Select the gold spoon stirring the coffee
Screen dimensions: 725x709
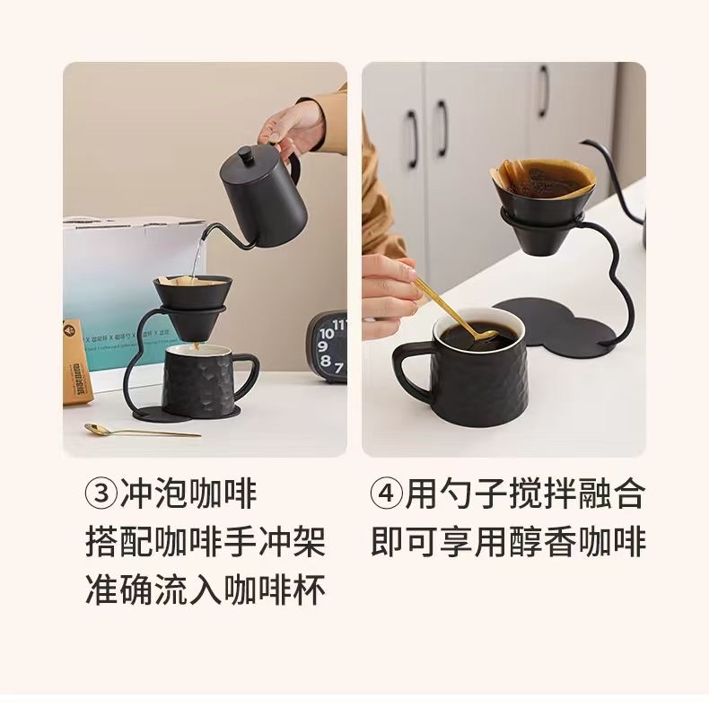point(449,310)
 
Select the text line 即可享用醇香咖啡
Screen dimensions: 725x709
point(508,543)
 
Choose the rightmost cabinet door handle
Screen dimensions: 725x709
point(543,91)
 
